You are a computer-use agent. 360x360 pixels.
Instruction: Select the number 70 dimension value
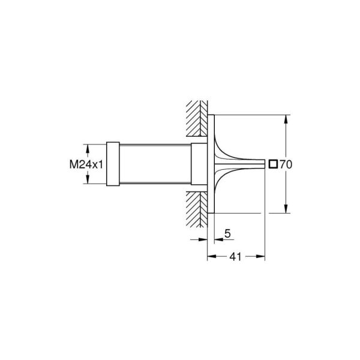pos(285,163)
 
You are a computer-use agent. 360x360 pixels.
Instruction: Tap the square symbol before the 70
pos(273,163)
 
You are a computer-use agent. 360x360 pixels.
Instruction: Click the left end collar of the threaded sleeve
pos(112,163)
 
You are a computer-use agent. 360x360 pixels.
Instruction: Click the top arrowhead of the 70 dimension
pos(284,118)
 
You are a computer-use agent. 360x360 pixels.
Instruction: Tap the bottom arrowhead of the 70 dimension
pos(284,209)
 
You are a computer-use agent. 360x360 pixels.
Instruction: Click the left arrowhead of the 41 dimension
pos(211,256)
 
